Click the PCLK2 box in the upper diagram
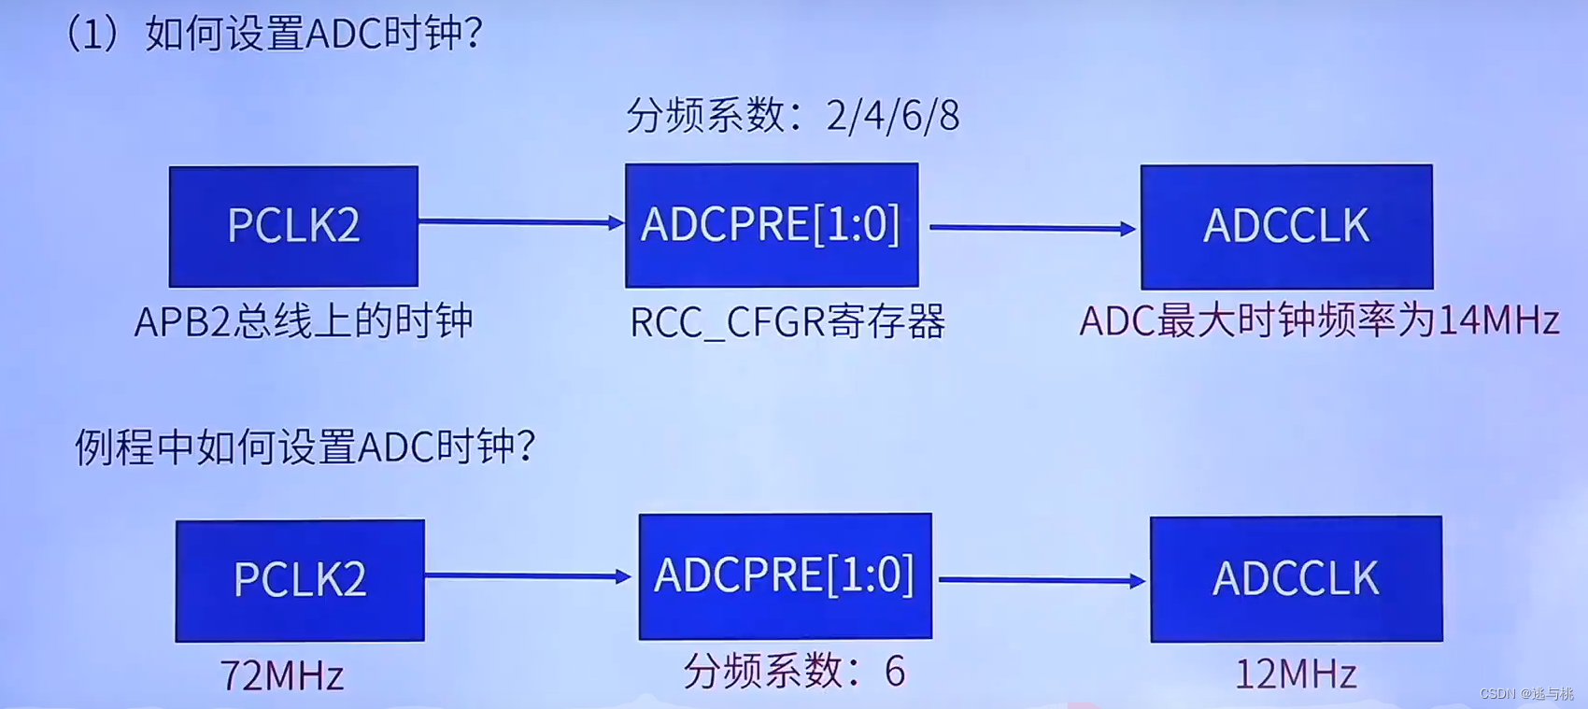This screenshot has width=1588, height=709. point(293,226)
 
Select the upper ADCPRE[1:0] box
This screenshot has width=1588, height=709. point(772,225)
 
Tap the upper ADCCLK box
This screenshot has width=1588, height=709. point(1286,227)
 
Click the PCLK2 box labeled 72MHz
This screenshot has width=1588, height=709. point(300,580)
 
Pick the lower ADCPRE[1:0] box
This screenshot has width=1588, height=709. point(785,575)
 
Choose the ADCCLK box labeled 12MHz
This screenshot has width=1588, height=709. point(1296,579)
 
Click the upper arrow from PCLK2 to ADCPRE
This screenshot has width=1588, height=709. point(520,222)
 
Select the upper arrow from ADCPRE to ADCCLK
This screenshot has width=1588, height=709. point(1031,228)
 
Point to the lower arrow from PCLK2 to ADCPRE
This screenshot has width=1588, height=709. point(528,576)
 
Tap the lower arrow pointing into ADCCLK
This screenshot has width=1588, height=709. point(1042,580)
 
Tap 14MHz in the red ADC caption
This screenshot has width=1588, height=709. point(1498,321)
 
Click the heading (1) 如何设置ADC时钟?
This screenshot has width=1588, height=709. point(273,35)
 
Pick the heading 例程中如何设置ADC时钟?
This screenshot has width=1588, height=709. point(305,447)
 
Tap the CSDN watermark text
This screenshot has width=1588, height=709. point(1526,694)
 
